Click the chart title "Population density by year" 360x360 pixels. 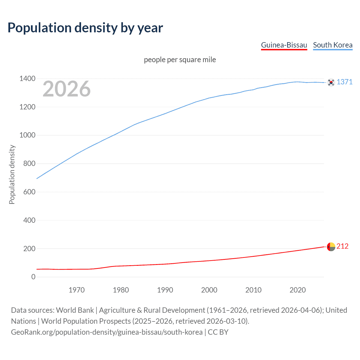(x=85, y=28)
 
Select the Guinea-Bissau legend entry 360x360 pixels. (x=284, y=45)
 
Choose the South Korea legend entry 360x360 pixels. (x=333, y=45)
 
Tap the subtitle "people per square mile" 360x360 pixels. (x=180, y=60)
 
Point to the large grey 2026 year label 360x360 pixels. (x=67, y=89)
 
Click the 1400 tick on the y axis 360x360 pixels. (x=27, y=79)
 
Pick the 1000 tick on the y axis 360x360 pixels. (x=27, y=135)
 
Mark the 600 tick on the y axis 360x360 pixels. (x=29, y=192)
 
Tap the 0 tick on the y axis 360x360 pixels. (x=33, y=277)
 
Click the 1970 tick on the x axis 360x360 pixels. (x=76, y=290)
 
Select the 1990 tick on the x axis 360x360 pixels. (x=165, y=290)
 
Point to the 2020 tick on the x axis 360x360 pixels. (x=298, y=290)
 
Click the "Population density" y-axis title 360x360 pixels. (x=12, y=174)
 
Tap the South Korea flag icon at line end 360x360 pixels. (x=331, y=82)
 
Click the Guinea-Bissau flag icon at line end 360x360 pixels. (x=331, y=247)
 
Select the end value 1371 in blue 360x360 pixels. (x=345, y=82)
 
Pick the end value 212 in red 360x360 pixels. (x=342, y=246)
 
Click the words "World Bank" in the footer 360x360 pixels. (x=75, y=310)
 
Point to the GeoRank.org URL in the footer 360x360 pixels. (x=107, y=332)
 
